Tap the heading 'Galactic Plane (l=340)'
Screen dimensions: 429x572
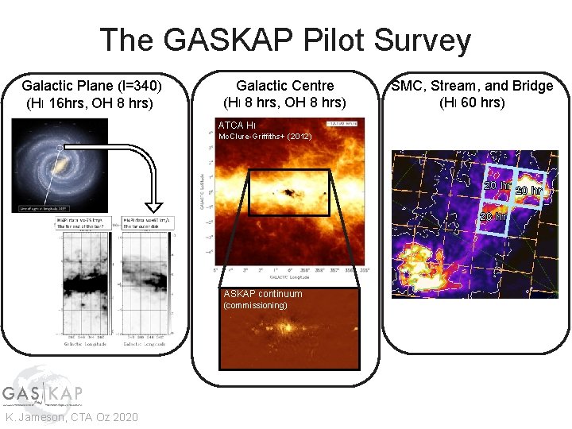[x=94, y=86]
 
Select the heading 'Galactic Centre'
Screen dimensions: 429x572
[x=285, y=86]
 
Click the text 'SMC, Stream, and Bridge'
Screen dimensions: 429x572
[x=472, y=86]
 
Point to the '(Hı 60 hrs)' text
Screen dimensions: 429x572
[x=472, y=102]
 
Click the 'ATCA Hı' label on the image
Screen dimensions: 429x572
[x=237, y=126]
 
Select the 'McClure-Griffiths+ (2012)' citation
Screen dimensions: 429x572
[x=265, y=137]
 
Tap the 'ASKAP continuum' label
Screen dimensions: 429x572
[x=263, y=294]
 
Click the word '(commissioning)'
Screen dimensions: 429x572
[x=253, y=305]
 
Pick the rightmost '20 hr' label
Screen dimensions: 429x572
[x=528, y=191]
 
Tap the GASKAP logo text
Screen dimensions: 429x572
[x=41, y=394]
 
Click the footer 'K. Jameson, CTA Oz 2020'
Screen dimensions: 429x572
[x=71, y=418]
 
